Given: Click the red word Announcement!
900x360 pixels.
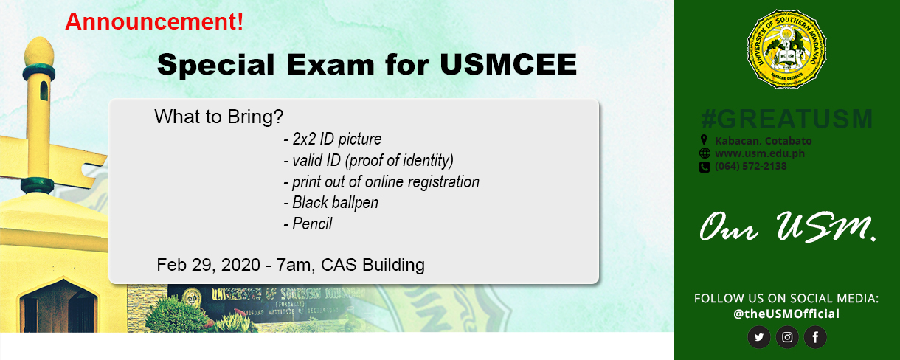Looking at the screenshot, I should click(154, 21).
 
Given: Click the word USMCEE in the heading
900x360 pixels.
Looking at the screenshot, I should click(508, 65).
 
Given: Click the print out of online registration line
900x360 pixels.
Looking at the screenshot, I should click(381, 181).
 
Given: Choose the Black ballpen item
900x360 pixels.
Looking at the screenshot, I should click(330, 202).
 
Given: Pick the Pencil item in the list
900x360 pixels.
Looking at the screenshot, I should click(308, 224).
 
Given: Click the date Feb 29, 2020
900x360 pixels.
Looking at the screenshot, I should click(204, 264).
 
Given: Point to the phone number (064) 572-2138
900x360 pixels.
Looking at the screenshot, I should click(750, 166).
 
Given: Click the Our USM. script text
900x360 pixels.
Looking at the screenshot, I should click(787, 229).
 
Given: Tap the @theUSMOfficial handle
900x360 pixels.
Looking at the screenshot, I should click(786, 314).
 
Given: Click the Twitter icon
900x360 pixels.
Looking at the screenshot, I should click(758, 338).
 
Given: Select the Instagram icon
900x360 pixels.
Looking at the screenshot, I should click(787, 338).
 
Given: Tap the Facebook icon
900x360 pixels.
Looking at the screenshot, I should click(815, 338).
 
